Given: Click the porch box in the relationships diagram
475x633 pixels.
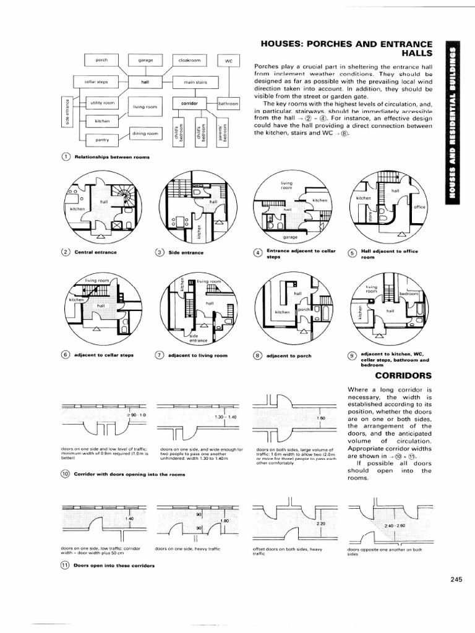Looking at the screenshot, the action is [x=101, y=60].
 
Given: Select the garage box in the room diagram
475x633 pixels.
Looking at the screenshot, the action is [x=145, y=60].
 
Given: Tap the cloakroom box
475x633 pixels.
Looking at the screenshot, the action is [x=189, y=60].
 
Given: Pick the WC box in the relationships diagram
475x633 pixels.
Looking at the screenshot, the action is [x=228, y=61].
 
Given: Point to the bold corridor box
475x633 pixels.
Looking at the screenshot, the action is [x=189, y=103].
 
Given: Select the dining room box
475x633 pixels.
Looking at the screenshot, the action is [x=145, y=133].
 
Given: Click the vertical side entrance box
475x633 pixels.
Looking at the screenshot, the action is [x=66, y=111].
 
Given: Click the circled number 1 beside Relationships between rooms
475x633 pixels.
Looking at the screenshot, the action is [x=66, y=157].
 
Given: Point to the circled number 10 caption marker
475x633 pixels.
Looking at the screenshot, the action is [x=66, y=474].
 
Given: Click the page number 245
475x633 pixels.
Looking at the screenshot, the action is [x=456, y=579].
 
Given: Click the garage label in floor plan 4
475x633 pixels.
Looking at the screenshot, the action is [x=290, y=237].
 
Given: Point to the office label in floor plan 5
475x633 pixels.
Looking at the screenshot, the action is [x=420, y=206].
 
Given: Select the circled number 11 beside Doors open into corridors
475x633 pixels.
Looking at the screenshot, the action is [x=66, y=566].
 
